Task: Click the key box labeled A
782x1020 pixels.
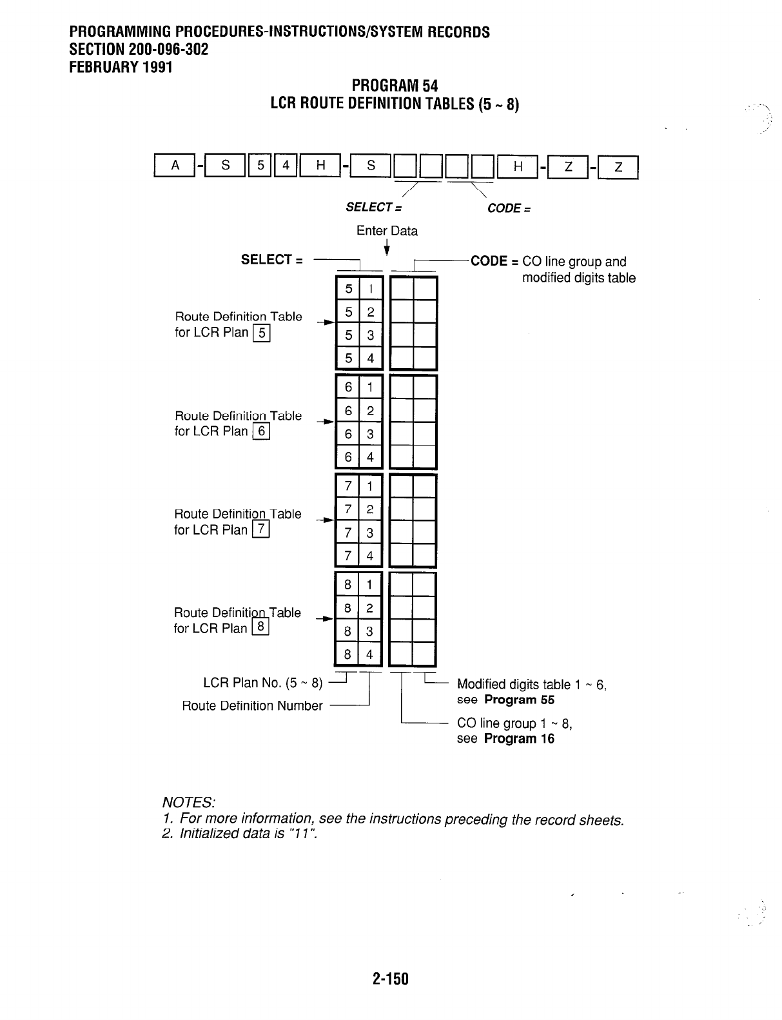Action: (173, 166)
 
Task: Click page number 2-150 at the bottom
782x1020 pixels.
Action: (391, 979)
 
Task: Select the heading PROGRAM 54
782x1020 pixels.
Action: (395, 86)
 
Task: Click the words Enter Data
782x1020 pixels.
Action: (387, 231)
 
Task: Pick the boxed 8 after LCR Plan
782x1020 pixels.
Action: (260, 627)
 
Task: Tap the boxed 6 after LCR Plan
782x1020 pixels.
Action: (260, 431)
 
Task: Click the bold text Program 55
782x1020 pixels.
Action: (519, 700)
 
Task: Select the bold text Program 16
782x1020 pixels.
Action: (519, 738)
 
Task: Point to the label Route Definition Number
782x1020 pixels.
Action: (252, 705)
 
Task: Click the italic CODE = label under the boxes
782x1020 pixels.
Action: (509, 208)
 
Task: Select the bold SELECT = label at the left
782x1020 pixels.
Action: (271, 260)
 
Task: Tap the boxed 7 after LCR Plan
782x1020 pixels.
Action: (261, 530)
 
